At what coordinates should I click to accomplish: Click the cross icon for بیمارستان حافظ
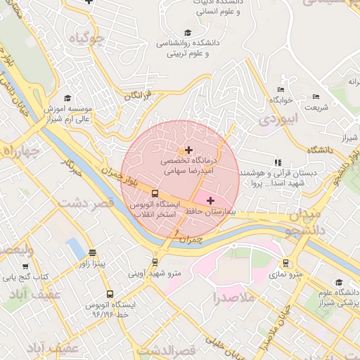tap(210, 201)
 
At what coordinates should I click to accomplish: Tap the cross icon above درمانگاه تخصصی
tap(188, 150)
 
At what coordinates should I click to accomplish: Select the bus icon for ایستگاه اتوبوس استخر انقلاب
tap(155, 193)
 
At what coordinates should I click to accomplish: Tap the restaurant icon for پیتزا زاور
tap(93, 252)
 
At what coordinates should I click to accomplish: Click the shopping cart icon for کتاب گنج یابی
tap(26, 266)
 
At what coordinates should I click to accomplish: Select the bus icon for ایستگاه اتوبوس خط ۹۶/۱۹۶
tap(109, 294)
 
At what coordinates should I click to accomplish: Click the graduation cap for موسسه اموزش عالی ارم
tap(67, 98)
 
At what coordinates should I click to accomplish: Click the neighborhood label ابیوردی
tap(280, 120)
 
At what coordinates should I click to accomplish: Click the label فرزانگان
tap(136, 96)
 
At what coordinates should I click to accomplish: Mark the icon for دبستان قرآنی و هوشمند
tap(277, 162)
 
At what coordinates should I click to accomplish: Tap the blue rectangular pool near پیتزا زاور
tap(74, 247)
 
